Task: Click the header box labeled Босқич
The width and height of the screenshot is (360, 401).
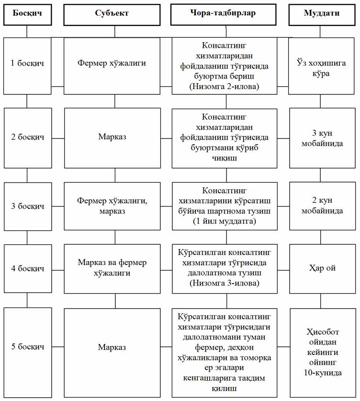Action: pos(27,14)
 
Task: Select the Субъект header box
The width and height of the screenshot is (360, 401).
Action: pos(112,14)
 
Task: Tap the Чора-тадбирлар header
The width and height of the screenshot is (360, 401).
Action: pos(223,14)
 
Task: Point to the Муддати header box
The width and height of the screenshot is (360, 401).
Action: pos(322,14)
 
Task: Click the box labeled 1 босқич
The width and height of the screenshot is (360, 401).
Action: pos(27,66)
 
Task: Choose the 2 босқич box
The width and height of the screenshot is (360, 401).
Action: pos(28,138)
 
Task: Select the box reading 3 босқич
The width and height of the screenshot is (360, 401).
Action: pos(28,206)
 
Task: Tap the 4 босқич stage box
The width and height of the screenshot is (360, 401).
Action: pos(28,268)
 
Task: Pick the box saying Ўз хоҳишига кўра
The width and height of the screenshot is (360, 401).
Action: pos(321,66)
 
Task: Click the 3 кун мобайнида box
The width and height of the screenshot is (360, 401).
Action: pos(322,138)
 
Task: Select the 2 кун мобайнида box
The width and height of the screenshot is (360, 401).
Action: pos(323,206)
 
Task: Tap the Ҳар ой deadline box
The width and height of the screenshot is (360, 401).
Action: pos(323,268)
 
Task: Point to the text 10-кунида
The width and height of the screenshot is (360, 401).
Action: pos(323,373)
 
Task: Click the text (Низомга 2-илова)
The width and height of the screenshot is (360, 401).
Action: pos(224,86)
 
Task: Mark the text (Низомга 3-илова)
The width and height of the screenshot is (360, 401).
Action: pos(225,283)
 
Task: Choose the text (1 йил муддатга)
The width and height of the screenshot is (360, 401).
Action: pos(225,221)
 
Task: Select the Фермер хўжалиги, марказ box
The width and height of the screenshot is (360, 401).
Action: pos(112,206)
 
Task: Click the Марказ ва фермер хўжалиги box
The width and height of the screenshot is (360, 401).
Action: pos(112,269)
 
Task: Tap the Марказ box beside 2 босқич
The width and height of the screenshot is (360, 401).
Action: pos(112,138)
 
